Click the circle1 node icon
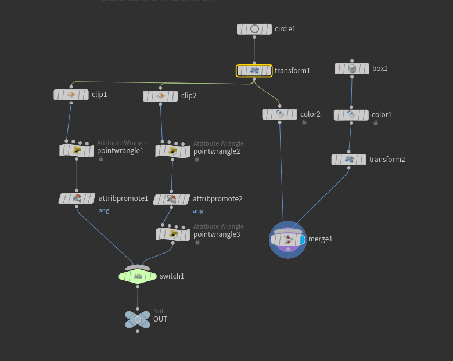pos(254,29)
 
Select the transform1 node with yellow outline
pos(254,71)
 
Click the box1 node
pos(352,68)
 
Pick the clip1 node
pos(71,95)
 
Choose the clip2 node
pos(160,96)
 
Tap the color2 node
pos(279,114)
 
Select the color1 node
pos(351,115)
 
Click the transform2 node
pos(349,160)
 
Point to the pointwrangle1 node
pos(77,151)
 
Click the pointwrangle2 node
pos(172,151)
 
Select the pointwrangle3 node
pos(173,234)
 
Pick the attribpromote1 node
pos(77,198)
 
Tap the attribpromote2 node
pos(171,199)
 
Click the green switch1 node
pos(138,276)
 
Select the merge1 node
pos(287,239)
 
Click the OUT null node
pos(138,319)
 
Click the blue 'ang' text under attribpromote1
pos(104,210)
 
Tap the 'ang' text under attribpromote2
pos(198,211)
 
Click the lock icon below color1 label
pos(376,123)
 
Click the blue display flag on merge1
pos(302,240)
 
